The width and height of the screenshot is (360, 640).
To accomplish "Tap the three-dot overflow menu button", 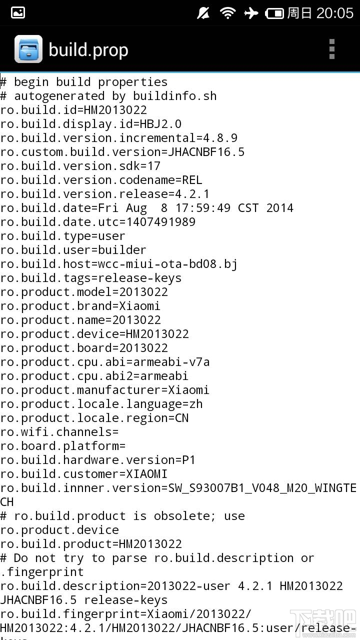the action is pyautogui.click(x=331, y=49).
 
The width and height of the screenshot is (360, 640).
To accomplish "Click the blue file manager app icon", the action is pyautogui.click(x=28, y=49).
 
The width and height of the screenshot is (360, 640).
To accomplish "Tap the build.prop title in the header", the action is pyautogui.click(x=88, y=50).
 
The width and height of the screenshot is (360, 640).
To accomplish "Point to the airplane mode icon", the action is pyautogui.click(x=251, y=13).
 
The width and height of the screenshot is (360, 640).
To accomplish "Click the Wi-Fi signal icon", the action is pyautogui.click(x=227, y=13).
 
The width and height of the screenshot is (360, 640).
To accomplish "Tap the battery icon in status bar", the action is pyautogui.click(x=274, y=13).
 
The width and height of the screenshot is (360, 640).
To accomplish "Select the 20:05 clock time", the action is pyautogui.click(x=335, y=13).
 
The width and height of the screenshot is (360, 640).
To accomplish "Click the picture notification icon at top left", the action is pyautogui.click(x=17, y=13).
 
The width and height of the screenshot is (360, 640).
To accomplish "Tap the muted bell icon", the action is pyautogui.click(x=203, y=13).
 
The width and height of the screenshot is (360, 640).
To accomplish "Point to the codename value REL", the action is pyautogui.click(x=192, y=180).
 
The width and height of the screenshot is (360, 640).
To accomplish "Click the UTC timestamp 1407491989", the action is pyautogui.click(x=161, y=222).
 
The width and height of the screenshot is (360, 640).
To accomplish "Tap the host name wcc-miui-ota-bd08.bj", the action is pyautogui.click(x=167, y=264).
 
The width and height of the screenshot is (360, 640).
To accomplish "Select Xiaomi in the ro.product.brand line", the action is pyautogui.click(x=139, y=306).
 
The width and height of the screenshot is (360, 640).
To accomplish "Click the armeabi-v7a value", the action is pyautogui.click(x=171, y=362).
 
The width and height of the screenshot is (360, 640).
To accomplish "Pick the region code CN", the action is pyautogui.click(x=181, y=418).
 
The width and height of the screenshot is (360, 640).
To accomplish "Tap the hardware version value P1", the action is pyautogui.click(x=188, y=460).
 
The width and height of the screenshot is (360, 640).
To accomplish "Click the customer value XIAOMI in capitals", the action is pyautogui.click(x=147, y=474).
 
